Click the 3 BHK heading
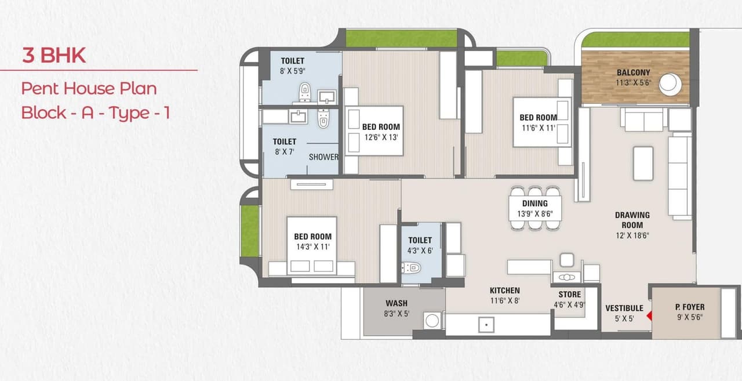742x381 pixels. point(54,56)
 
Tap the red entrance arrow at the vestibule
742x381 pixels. point(649,315)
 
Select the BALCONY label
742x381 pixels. point(633,72)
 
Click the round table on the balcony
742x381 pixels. point(670,83)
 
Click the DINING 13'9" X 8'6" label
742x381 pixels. point(534,208)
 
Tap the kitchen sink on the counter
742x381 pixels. point(486,324)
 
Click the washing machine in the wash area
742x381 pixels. point(432,320)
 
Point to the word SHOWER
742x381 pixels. point(323,157)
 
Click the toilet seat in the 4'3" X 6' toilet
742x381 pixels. point(412,267)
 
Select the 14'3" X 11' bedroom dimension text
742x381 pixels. point(312,246)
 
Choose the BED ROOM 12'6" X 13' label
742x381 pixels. point(381,132)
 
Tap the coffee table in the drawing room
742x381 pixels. point(643,163)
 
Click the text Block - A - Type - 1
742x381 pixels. point(95,113)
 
